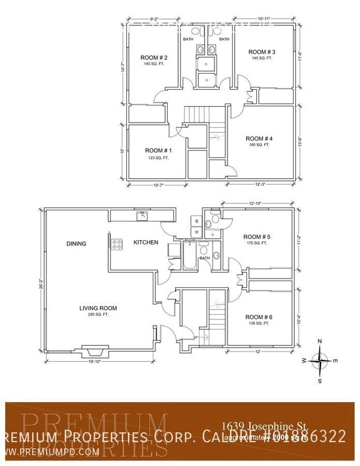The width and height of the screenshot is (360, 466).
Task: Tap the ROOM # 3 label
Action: [x=262, y=52]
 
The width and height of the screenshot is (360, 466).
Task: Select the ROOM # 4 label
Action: [x=259, y=138]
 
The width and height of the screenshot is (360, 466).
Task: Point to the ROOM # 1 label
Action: [x=158, y=151]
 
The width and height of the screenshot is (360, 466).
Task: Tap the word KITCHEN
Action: [x=146, y=242]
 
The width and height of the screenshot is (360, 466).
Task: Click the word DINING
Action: [x=76, y=244]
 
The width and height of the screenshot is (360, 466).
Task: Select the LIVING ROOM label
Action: [x=98, y=308]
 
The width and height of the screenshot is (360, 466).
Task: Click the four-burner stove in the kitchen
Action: [x=117, y=242]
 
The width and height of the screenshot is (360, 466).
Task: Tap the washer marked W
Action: [x=196, y=221]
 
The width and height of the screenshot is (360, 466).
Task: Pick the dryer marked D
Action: [x=196, y=231]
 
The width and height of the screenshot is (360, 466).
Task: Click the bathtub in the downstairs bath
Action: [x=189, y=256]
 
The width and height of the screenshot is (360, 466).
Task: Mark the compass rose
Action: [x=320, y=360]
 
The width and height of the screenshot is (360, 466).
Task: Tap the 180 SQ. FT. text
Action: [x=259, y=145]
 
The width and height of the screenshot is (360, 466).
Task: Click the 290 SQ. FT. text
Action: [x=98, y=315]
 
